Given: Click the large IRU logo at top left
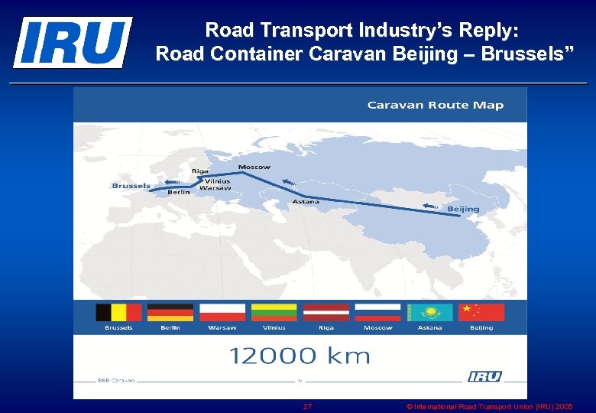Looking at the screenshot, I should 73,42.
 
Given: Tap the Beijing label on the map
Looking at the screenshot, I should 463,209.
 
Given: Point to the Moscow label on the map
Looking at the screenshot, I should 254,167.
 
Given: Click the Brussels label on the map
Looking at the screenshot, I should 131,186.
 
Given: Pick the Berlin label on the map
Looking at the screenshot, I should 179,193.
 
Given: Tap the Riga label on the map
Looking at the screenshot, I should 199,171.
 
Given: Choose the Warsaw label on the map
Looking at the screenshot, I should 215,187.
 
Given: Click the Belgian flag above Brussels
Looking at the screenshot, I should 118,312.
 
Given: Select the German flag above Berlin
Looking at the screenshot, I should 170,312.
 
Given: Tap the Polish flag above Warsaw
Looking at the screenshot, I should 222,312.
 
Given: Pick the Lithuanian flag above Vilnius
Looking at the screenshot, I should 274,312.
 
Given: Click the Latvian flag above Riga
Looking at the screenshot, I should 326,312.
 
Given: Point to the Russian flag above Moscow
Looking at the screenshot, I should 378,312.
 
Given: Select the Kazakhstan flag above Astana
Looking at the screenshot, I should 430,312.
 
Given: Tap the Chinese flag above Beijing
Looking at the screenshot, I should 481,312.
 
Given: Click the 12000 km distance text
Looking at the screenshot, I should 300,355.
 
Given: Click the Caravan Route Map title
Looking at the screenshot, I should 436,105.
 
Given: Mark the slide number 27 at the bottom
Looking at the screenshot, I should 307,406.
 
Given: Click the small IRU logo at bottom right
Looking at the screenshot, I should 485,376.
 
